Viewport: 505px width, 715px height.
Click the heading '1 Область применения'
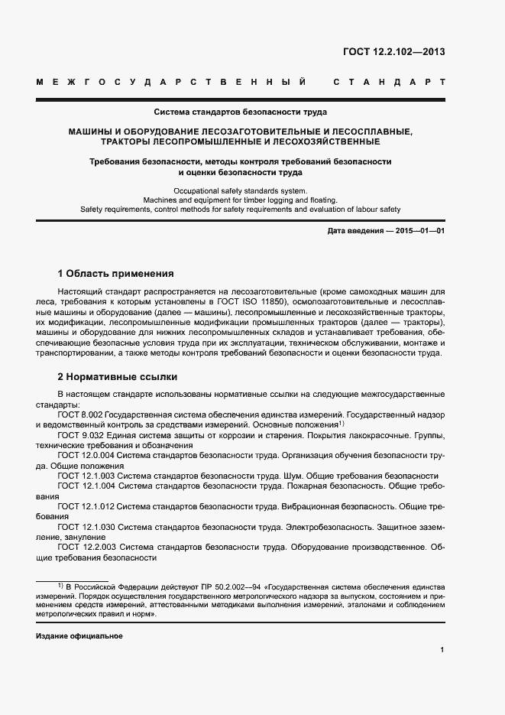pos(116,274)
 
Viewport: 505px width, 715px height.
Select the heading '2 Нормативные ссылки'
pos(118,377)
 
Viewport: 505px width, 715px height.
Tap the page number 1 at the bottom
pos(442,650)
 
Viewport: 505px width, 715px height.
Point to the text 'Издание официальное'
pos(79,636)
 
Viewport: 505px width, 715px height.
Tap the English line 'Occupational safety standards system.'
pos(240,190)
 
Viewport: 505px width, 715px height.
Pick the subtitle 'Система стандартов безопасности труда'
pos(240,112)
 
